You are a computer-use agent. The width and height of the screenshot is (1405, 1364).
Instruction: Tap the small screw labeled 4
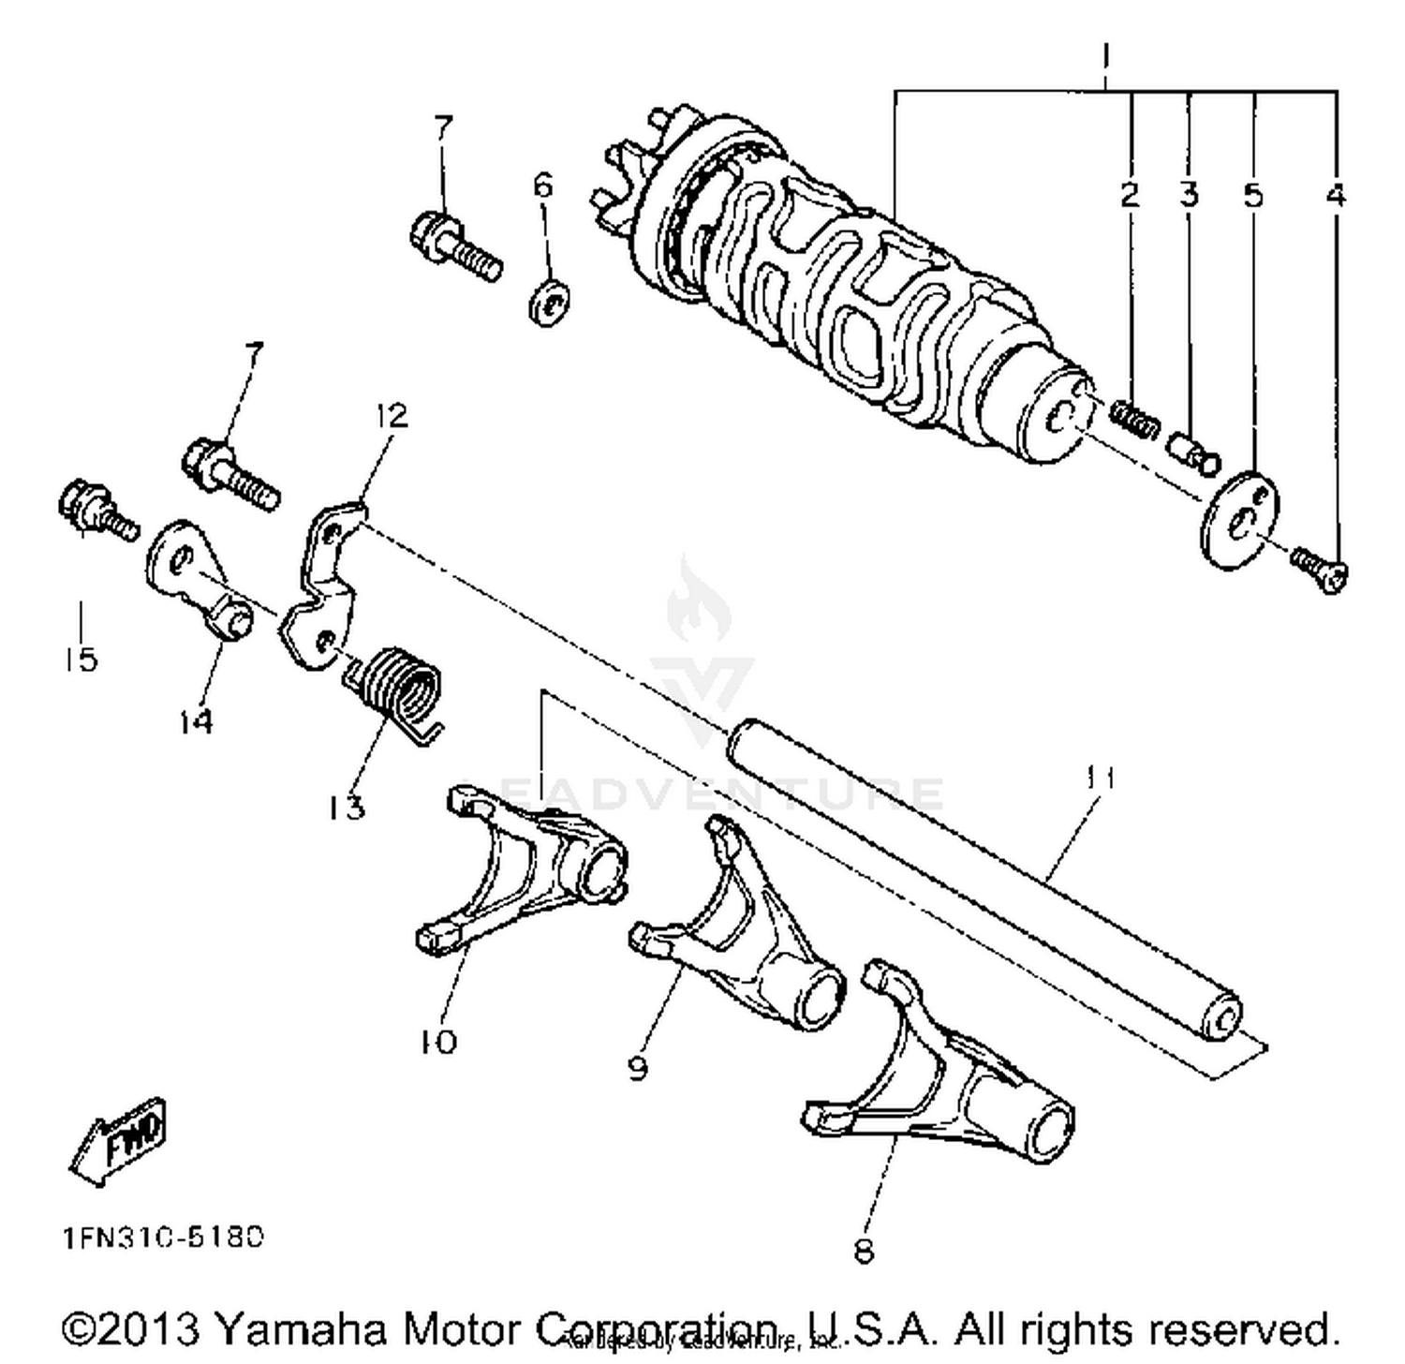tap(1319, 568)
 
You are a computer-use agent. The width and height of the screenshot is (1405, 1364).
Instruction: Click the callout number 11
tap(1102, 777)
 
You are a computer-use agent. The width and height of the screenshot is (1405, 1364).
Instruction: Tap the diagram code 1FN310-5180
tap(164, 1238)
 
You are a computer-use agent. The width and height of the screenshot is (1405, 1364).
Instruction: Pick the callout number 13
tap(347, 806)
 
